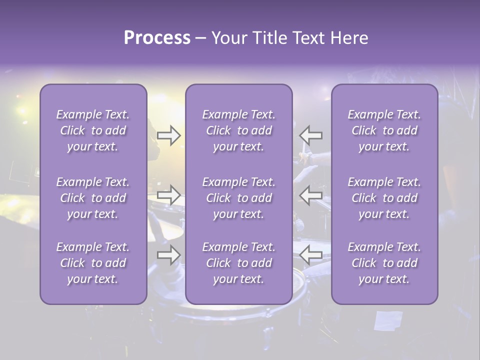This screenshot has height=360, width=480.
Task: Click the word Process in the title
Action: (x=157, y=38)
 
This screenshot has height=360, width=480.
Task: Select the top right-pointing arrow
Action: (x=169, y=135)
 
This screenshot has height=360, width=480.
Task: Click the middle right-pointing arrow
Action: (x=169, y=195)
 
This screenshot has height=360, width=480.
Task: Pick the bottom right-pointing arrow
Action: (x=169, y=255)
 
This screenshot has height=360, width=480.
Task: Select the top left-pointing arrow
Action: (x=311, y=135)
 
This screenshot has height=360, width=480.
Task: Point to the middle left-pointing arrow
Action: (x=311, y=195)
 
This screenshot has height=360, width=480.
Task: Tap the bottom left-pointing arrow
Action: (x=311, y=255)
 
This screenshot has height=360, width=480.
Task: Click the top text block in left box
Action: (x=93, y=130)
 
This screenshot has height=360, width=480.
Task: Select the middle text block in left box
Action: (x=93, y=198)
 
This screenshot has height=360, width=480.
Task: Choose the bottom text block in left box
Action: (x=93, y=263)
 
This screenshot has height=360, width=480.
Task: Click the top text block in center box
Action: (x=239, y=130)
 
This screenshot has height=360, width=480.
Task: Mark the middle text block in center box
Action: (x=239, y=198)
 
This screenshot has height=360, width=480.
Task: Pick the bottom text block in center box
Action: (x=239, y=263)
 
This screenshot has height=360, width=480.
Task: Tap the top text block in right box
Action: (x=384, y=130)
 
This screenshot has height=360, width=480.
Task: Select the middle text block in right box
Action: (x=384, y=198)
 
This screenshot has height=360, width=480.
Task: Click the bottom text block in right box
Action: (x=384, y=263)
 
